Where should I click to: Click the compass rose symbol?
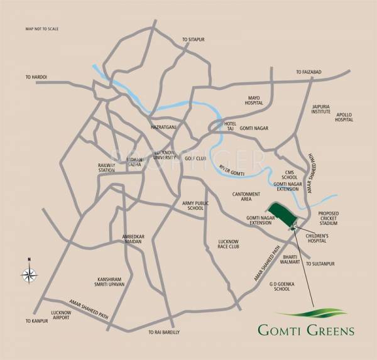pos(30,273)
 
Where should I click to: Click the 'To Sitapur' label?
pos(194,39)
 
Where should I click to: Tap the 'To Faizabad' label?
pos(309,72)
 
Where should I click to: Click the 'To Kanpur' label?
pos(36,321)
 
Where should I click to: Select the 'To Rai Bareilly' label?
pos(164,332)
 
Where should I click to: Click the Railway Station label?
pos(106,166)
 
